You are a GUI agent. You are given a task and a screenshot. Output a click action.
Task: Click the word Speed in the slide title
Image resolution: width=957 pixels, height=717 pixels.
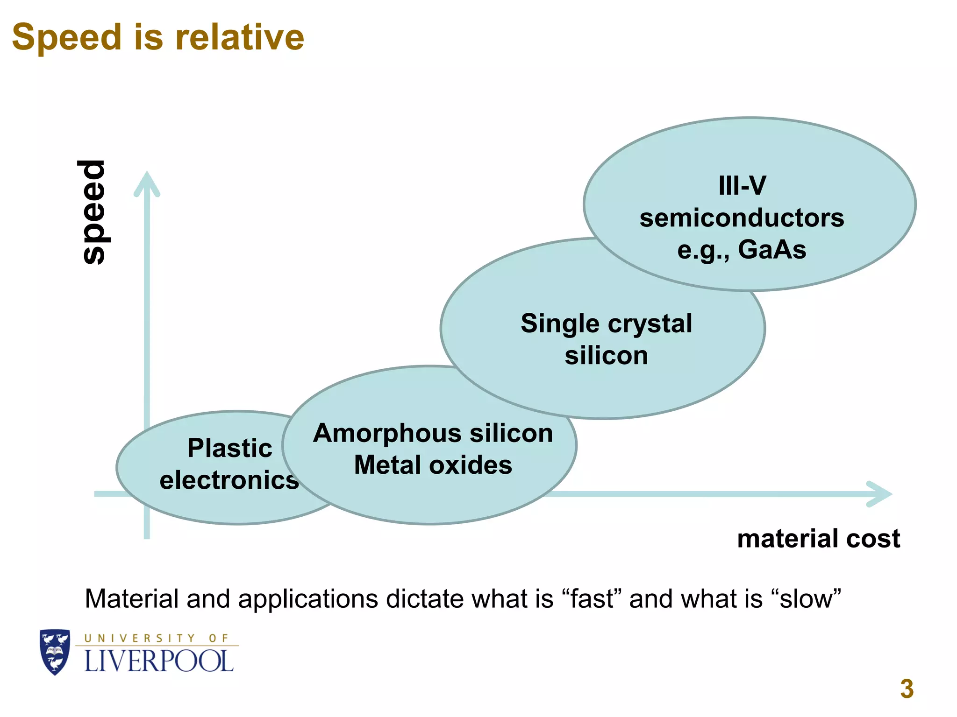pyautogui.click(x=67, y=37)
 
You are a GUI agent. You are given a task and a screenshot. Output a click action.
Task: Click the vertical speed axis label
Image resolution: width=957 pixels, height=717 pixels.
pyautogui.click(x=93, y=212)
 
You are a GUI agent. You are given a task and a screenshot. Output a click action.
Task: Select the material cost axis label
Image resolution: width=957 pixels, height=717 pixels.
pyautogui.click(x=818, y=539)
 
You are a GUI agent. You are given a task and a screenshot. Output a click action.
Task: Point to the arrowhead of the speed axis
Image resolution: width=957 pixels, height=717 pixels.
pyautogui.click(x=147, y=183)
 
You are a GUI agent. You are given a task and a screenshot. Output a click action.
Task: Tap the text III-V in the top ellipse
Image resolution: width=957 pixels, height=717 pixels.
pyautogui.click(x=742, y=186)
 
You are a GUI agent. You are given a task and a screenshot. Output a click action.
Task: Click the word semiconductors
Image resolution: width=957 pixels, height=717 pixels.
pyautogui.click(x=742, y=218)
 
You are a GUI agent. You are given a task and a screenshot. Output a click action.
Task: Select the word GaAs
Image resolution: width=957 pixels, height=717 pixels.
pyautogui.click(x=772, y=249)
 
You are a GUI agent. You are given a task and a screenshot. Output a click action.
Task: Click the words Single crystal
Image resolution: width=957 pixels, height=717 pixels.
pyautogui.click(x=607, y=323)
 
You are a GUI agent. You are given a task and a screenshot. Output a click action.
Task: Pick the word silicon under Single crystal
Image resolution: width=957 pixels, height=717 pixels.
pyautogui.click(x=607, y=356)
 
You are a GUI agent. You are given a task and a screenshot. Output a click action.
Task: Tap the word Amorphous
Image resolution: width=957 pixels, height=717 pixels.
pyautogui.click(x=388, y=433)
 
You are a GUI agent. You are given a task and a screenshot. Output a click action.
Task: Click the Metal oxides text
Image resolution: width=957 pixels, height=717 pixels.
pyautogui.click(x=433, y=465)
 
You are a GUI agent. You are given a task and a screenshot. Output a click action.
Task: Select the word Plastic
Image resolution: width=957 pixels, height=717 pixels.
pyautogui.click(x=229, y=448)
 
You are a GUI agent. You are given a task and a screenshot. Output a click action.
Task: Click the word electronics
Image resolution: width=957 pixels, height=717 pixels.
pyautogui.click(x=229, y=480)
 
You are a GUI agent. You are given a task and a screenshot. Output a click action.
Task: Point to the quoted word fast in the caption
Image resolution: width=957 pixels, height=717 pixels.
pyautogui.click(x=592, y=599)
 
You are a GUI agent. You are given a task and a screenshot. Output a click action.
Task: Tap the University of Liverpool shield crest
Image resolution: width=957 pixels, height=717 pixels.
pyautogui.click(x=55, y=652)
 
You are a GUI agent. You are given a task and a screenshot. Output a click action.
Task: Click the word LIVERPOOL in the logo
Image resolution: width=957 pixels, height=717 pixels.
pyautogui.click(x=159, y=661)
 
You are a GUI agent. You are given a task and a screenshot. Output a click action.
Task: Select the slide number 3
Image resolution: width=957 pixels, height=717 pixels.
pyautogui.click(x=907, y=689)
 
